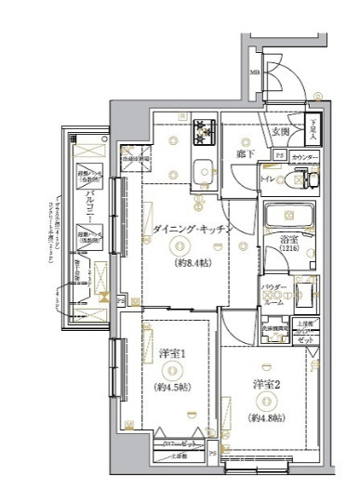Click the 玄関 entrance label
pyautogui.click(x=280, y=131)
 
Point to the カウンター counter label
pyautogui.click(x=304, y=158)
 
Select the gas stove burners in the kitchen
pyautogui.click(x=202, y=136)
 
